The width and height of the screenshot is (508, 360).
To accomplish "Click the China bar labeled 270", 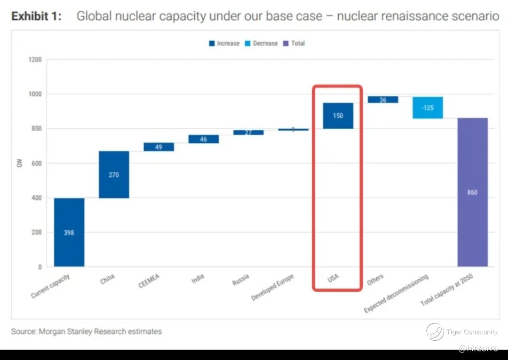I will coord(114,174).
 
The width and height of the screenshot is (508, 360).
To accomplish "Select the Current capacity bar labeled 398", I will coord(69,232).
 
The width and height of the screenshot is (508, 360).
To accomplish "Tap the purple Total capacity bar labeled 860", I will coord(472,192).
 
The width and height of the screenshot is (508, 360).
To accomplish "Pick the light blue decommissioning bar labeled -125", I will coord(428,108).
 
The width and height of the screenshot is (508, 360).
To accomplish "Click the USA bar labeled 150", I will coord(338,116).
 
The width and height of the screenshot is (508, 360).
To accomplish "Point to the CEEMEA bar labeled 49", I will coord(159,147).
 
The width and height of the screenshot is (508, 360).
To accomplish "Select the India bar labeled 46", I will coord(203,139).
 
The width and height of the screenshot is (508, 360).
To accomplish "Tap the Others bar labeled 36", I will coord(383,100).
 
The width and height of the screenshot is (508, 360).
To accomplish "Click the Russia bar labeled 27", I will coord(248,133).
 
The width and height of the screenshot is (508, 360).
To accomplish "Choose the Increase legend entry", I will coord(224,43).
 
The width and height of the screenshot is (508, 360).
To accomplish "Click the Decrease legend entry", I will coord(262,43).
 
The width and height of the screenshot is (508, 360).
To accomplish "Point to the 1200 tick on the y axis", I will coord(35,60).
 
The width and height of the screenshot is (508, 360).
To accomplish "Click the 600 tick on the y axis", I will coord(37,163).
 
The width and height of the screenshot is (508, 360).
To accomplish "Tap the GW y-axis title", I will coord(20,164).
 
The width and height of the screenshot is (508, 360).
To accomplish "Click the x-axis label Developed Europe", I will coord(273,287).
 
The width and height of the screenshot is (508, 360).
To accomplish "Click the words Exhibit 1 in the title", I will coord(36,16).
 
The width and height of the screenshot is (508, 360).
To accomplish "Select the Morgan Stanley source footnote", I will coord(87,331).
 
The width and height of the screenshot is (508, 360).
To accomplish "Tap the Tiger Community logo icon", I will coord(435,332).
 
